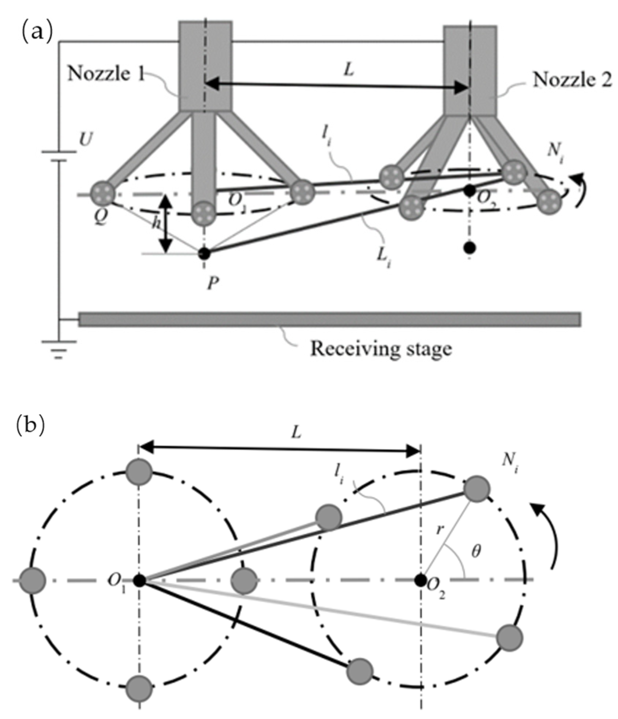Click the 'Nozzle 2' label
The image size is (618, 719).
[572, 80]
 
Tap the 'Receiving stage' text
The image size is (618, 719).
[381, 349]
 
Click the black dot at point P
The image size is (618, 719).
[204, 253]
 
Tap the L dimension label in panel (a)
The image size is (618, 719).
[349, 70]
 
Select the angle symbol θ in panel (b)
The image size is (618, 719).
[475, 552]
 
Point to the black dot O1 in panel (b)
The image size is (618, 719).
[139, 580]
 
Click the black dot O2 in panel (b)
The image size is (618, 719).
[421, 580]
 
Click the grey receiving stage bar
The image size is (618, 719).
[329, 319]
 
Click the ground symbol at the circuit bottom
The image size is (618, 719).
[59, 349]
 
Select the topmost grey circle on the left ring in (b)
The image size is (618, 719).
[139, 472]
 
